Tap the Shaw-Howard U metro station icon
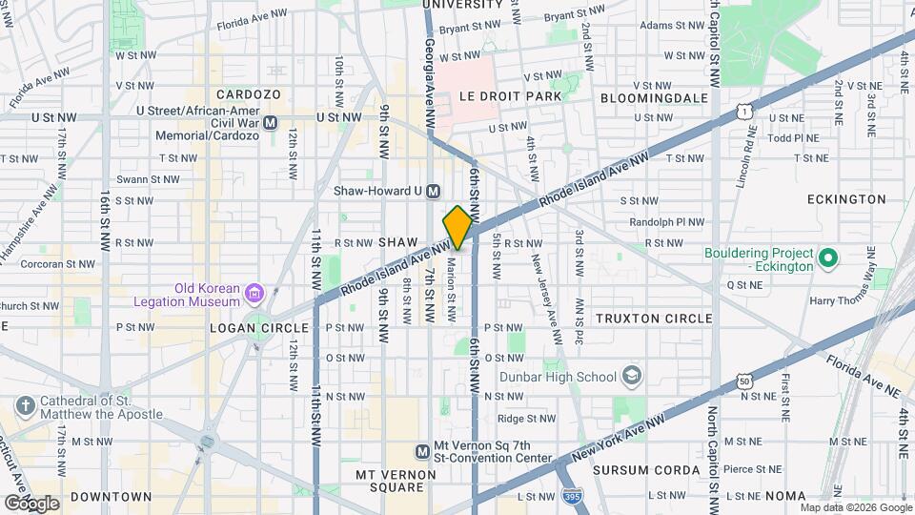pyautogui.click(x=434, y=191)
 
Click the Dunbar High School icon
pyautogui.click(x=631, y=376)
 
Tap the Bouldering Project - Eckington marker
pyautogui.click(x=827, y=257)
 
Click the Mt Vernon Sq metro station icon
pyautogui.click(x=422, y=451)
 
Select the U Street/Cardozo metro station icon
pyautogui.click(x=271, y=122)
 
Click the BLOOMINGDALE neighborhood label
pyautogui.click(x=654, y=97)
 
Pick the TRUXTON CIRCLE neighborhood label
pyautogui.click(x=653, y=318)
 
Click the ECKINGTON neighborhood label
pyautogui.click(x=845, y=199)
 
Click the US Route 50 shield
pyautogui.click(x=743, y=381)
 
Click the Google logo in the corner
pyautogui.click(x=31, y=502)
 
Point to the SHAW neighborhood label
pyautogui.click(x=398, y=243)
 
